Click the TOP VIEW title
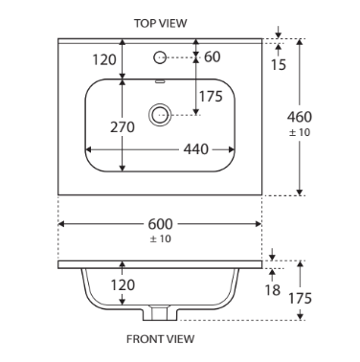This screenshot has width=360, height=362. [x=160, y=23]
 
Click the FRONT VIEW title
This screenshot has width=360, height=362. [x=160, y=339]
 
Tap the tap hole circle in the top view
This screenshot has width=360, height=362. [x=160, y=57]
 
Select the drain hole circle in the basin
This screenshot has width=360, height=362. [x=160, y=115]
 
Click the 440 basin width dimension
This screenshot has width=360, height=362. [x=196, y=149]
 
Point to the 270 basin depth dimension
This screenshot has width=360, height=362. [x=123, y=127]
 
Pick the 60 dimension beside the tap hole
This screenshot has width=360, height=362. [x=213, y=57]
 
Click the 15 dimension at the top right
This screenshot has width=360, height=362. [x=279, y=65]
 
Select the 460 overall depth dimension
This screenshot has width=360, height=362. [x=300, y=117]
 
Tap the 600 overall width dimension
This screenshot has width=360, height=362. [x=160, y=224]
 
